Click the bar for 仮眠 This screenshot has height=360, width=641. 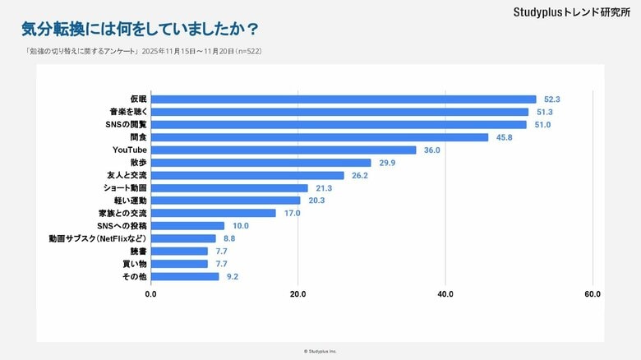tap(344, 99)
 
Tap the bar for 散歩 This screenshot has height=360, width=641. tap(261, 163)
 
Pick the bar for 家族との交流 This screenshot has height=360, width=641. tap(214, 213)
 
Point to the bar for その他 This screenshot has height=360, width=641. tap(185, 276)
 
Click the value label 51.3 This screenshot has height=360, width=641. tap(544, 112)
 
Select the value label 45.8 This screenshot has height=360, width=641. tap(504, 137)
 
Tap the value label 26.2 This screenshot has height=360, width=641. tap(359, 175)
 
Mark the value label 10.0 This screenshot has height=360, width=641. tap(240, 226)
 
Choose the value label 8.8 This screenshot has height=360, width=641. tap(230, 238)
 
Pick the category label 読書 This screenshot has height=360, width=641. tap(140, 252)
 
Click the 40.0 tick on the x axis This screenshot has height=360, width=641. tap(445, 294)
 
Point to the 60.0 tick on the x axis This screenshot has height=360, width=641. tap(593, 294)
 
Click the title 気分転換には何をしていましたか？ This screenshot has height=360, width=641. tap(139, 30)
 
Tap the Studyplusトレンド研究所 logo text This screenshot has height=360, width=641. tap(565, 12)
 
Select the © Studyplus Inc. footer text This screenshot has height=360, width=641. tap(320, 351)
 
